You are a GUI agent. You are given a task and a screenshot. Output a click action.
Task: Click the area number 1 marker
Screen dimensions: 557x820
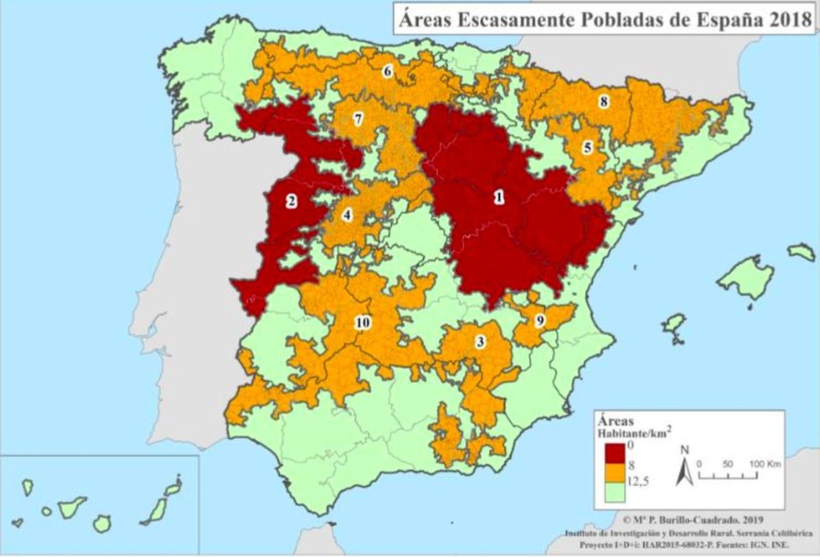tap(498, 197)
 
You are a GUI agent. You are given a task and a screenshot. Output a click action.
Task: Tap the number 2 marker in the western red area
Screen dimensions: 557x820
tap(291, 200)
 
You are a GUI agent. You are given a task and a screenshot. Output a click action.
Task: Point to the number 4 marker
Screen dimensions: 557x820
tap(347, 215)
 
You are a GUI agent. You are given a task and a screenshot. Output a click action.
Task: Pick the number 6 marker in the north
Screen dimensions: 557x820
tap(387, 71)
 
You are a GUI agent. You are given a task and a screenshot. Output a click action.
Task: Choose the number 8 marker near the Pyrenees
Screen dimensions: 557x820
tap(604, 101)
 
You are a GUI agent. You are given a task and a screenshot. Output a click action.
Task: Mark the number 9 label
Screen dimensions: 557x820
tap(540, 321)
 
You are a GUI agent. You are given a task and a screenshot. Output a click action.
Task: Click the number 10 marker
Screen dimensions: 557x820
tap(363, 323)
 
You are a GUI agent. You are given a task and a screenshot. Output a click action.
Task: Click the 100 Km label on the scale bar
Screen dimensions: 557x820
tap(766, 464)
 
